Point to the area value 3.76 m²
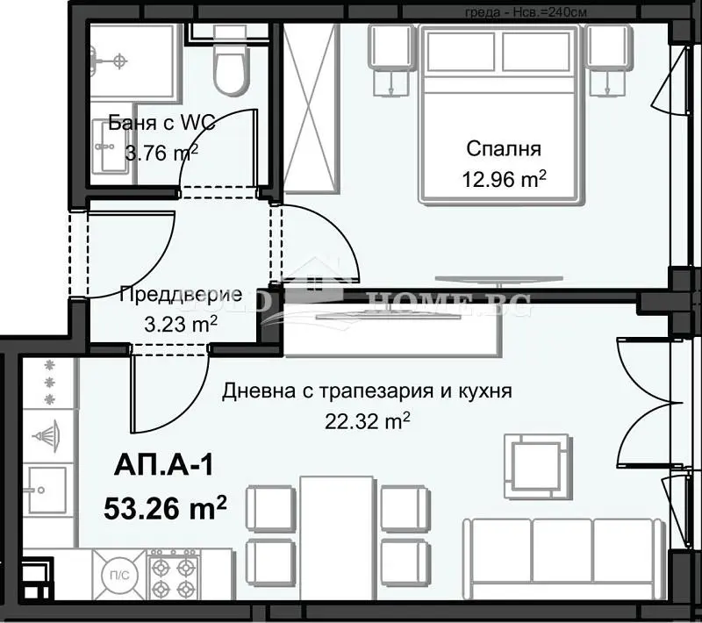tap(162, 154)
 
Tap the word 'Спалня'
tap(505, 148)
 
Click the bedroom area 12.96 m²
tap(505, 179)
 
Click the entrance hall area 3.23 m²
tap(181, 323)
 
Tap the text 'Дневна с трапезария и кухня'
tap(367, 390)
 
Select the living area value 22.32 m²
tap(368, 422)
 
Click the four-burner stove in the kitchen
tap(173, 575)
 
